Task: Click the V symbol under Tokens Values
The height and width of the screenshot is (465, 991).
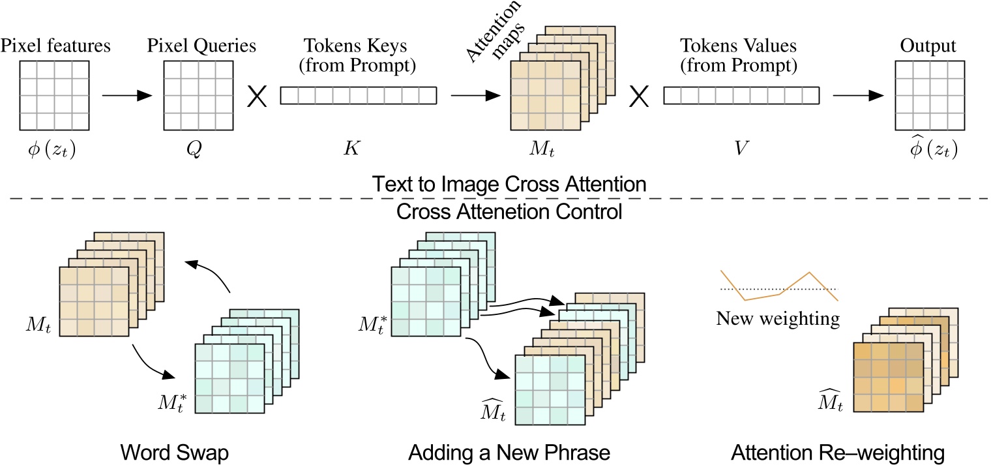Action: (x=741, y=149)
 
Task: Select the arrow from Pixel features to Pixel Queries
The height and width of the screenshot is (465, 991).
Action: (x=127, y=97)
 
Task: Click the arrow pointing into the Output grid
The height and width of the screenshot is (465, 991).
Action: (x=859, y=97)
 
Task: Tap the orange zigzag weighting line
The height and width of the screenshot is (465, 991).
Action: (x=778, y=288)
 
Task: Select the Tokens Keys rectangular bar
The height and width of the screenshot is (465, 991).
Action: (x=358, y=97)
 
